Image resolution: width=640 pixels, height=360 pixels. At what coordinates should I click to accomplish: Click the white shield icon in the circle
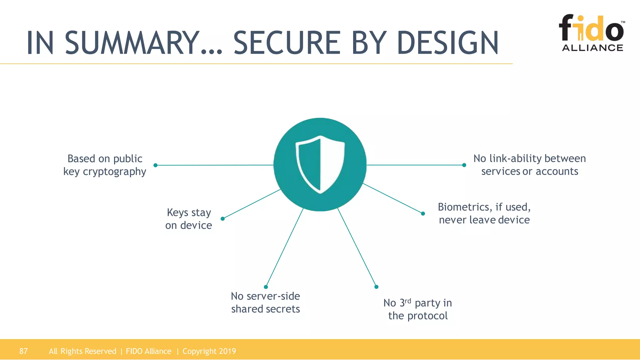click(320, 164)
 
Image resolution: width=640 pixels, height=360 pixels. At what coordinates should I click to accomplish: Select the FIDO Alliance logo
click(592, 32)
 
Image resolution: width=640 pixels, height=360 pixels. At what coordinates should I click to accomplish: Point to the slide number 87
click(23, 351)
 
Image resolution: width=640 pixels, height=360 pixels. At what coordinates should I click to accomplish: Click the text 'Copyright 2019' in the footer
click(209, 351)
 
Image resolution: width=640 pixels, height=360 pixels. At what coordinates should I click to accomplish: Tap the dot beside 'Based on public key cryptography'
click(155, 165)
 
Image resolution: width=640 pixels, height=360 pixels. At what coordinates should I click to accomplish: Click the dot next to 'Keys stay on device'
click(222, 219)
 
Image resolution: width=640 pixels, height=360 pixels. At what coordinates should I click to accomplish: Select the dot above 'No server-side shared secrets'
click(266, 287)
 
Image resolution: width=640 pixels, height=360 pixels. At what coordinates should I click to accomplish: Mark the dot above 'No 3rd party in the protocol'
click(376, 287)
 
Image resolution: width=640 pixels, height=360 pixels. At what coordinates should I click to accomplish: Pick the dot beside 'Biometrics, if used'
click(423, 214)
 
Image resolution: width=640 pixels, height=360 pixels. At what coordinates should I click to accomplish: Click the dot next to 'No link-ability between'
click(464, 165)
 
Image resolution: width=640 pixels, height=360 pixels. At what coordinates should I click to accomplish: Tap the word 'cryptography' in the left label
click(114, 172)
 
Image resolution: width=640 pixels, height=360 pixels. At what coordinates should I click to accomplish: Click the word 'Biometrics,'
click(465, 207)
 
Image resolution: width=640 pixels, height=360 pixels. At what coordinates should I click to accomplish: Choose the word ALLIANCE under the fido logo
click(592, 48)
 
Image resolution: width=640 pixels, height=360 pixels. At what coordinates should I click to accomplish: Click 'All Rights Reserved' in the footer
click(82, 351)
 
